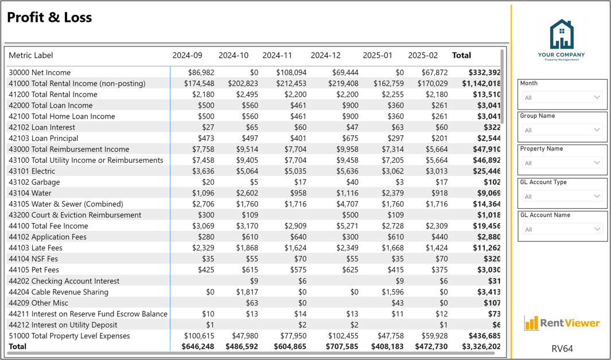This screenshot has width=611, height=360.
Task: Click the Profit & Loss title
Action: coord(49,18)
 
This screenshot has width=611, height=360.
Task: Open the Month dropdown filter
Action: coord(562,97)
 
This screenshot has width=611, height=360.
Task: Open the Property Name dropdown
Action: coord(562,163)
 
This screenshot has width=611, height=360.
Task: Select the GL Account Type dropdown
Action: coord(562,196)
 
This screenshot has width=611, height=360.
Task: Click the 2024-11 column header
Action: coord(277,55)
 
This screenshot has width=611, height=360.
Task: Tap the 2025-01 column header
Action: coord(377,55)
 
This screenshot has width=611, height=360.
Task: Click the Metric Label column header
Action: coord(31,55)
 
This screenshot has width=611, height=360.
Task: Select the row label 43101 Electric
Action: coord(32,171)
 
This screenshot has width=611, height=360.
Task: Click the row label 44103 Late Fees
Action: coord(36,248)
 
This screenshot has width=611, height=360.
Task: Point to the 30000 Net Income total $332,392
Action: coord(484,72)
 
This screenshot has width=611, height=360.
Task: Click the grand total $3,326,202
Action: coord(481,346)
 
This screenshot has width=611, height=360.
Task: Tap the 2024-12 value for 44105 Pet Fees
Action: coord(350,269)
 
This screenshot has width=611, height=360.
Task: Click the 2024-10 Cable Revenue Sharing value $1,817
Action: coord(247,292)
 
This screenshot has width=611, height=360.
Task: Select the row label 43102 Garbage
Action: coord(34,182)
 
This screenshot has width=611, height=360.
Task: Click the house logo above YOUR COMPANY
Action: coord(562,34)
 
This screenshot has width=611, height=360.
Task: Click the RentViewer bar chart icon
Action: coord(531,323)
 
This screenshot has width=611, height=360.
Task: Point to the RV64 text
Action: coord(562,349)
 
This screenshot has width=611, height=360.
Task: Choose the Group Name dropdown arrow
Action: coord(597,130)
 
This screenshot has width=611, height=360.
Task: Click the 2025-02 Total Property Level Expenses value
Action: coord(434,336)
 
